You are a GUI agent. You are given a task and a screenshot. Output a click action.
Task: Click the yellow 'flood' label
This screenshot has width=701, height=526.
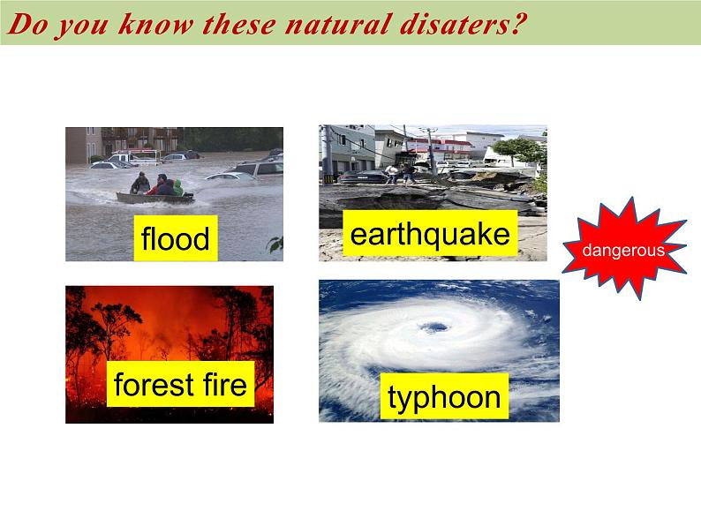pyautogui.click(x=176, y=238)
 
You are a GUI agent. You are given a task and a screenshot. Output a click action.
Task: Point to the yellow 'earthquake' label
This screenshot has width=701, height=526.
pyautogui.click(x=430, y=233)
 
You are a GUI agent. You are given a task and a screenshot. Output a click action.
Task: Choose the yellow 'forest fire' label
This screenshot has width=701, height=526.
pyautogui.click(x=180, y=384)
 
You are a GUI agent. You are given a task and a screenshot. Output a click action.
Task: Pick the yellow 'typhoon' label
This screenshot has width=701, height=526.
pyautogui.click(x=444, y=396)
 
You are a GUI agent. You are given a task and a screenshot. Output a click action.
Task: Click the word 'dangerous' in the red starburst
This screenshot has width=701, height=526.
pyautogui.click(x=623, y=251)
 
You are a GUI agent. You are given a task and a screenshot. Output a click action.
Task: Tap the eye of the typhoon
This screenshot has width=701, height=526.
pyautogui.click(x=433, y=327)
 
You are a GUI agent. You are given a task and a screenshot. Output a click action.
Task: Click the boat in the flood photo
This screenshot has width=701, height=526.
pyautogui.click(x=155, y=198)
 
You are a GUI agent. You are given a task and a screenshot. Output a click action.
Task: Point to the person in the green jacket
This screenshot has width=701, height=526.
pyautogui.click(x=178, y=188)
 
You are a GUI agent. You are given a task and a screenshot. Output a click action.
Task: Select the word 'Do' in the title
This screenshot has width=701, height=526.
pyautogui.click(x=28, y=24)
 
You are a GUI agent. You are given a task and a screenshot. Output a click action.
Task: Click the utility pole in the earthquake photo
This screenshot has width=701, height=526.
pyautogui.click(x=432, y=151)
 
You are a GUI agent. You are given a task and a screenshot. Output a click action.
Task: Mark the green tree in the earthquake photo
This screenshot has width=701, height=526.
pyautogui.click(x=518, y=150)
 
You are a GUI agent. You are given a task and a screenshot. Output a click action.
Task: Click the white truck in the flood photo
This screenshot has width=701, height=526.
pyautogui.click(x=134, y=157)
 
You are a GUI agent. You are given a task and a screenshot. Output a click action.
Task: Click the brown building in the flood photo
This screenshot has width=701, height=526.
pyautogui.click(x=83, y=146)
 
